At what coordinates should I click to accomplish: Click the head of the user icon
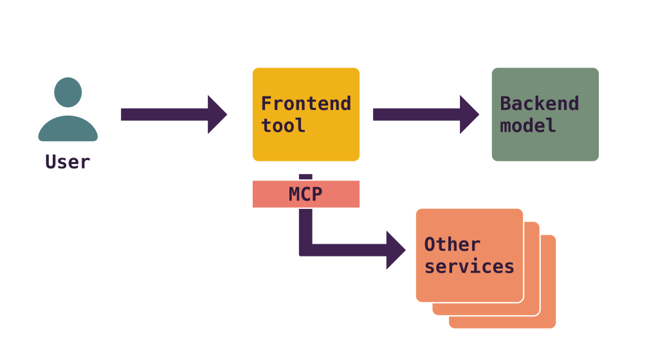pos(68,93)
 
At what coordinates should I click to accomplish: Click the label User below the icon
pos(68,162)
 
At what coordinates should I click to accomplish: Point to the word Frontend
pos(306,104)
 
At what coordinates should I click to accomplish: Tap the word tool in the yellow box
pos(284,125)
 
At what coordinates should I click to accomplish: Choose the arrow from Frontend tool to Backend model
pos(418,114)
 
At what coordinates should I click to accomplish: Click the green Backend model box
pos(545,145)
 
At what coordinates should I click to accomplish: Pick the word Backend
pos(539,104)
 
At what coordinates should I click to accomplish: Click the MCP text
pos(306,194)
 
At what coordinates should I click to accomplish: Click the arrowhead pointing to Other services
pos(396,249)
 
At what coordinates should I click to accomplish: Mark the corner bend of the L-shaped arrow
pos(306,249)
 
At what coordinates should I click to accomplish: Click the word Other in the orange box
pos(452,244)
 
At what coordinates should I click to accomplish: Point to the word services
pos(469,266)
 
